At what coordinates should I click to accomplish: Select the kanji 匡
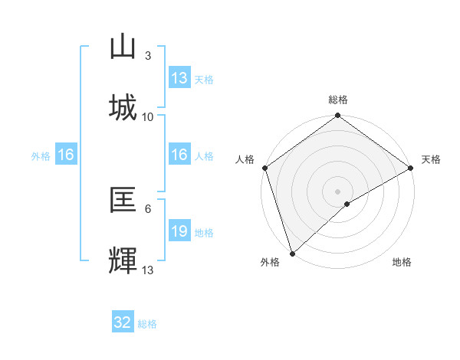[123, 200]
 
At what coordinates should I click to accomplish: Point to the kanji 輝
[123, 261]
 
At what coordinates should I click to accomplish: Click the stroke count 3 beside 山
[148, 55]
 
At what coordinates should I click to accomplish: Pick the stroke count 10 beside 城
[148, 116]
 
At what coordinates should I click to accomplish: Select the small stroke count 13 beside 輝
[148, 270]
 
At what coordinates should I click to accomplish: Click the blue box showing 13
[179, 78]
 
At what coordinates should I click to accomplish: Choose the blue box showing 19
[179, 231]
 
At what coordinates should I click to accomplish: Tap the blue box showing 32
[123, 322]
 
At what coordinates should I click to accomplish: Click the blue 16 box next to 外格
[66, 155]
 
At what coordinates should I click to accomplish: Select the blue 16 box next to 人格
[179, 155]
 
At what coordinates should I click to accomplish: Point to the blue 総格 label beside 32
[147, 324]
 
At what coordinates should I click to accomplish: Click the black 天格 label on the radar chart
[431, 159]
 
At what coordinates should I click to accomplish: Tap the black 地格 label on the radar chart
[402, 262]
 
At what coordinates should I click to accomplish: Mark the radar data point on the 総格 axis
[337, 116]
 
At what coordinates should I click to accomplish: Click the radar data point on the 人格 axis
[264, 168]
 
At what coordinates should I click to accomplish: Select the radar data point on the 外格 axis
[292, 253]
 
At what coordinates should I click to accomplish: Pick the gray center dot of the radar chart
[337, 191]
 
